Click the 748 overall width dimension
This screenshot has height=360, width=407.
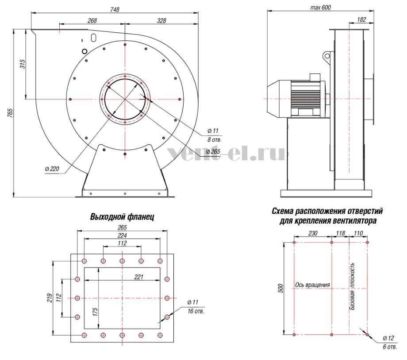[115, 9]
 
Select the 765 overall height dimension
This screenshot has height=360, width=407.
[10, 113]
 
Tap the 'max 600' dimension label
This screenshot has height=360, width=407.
[321, 7]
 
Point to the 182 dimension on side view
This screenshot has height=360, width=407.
[361, 19]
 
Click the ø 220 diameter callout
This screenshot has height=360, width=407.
[52, 169]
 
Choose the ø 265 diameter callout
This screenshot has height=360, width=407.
[213, 151]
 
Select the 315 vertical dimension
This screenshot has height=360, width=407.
[23, 64]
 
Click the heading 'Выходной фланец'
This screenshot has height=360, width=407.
[122, 217]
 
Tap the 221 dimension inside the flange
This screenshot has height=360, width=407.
[138, 277]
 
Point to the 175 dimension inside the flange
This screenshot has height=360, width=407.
[95, 312]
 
